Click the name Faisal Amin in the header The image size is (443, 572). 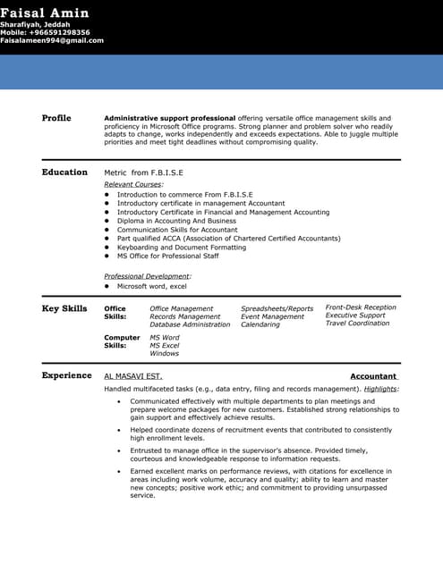point(44,13)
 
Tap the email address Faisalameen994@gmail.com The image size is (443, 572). point(52,40)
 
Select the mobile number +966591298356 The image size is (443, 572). point(45,32)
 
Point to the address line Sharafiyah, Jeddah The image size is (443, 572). point(35,24)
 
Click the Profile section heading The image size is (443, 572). point(56,118)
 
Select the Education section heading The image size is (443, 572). point(64,172)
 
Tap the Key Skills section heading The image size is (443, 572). point(64,308)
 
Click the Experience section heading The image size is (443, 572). point(66,375)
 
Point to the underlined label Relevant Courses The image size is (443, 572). point(133,183)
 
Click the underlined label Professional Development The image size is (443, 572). point(147,276)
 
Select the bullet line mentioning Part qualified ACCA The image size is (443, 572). point(228,239)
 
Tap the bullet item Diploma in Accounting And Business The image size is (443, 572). point(176,221)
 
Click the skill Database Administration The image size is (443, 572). point(190,324)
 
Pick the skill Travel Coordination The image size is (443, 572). point(357,324)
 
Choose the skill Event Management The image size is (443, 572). point(272,316)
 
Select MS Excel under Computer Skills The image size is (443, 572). point(165,345)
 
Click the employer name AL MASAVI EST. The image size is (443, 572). point(133,377)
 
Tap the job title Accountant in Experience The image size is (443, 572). point(373,377)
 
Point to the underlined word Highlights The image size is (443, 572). point(381,389)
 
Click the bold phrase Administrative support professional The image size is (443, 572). point(170,118)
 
